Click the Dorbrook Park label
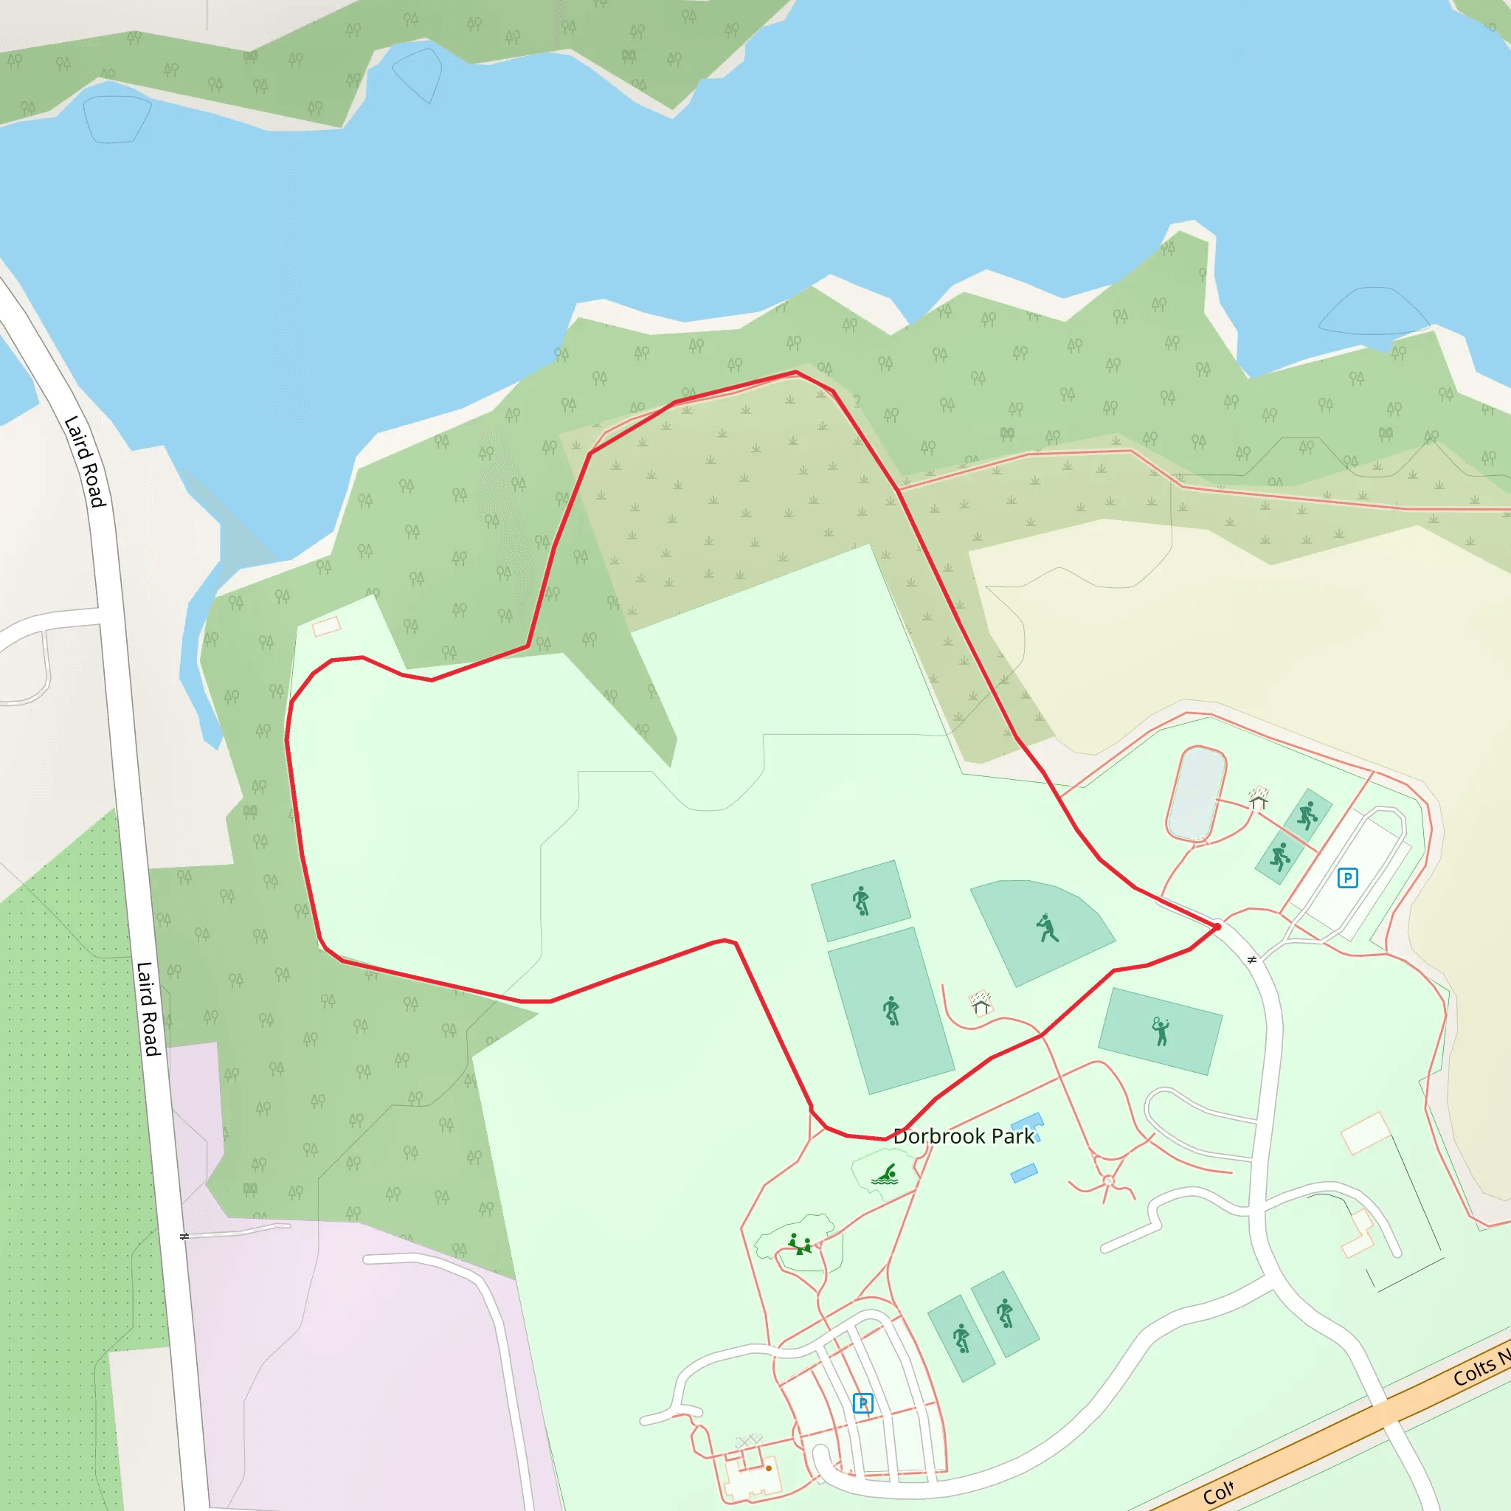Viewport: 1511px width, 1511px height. coord(963,1136)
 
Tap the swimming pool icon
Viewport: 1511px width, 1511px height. coord(885,1175)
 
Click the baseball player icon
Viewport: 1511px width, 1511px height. coord(1046,928)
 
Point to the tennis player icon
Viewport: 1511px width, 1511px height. coord(1161,1031)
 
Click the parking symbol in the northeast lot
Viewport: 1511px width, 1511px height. coord(1346,877)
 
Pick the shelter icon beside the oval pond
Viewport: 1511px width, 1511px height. coord(1258,798)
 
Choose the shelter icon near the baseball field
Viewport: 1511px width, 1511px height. coord(981,1003)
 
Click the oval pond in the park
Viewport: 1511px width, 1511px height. coord(1196,793)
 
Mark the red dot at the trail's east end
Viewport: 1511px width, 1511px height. coord(1217,927)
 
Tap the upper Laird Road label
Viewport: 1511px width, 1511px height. coord(84,461)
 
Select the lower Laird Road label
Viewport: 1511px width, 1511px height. coord(148,1009)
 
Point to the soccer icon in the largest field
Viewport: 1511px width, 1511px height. coord(891,1011)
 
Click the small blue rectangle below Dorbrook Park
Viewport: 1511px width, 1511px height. coord(1024,1173)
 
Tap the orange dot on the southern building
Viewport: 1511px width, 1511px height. coord(769,1468)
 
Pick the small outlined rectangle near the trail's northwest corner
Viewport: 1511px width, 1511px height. coord(326,626)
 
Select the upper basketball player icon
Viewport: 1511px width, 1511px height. coord(1307,816)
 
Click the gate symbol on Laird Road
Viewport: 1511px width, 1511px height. coord(184,1237)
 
